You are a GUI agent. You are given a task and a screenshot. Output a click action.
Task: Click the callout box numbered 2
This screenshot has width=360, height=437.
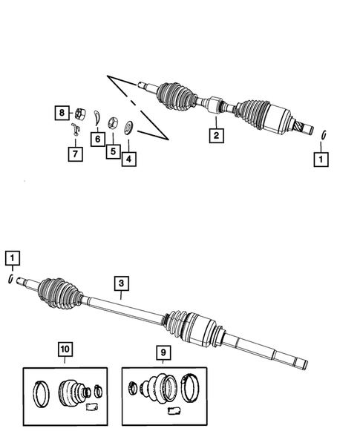(215, 135)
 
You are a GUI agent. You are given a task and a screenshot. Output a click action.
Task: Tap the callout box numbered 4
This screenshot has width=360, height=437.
(128, 158)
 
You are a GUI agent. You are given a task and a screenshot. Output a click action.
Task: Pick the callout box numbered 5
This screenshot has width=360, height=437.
(112, 151)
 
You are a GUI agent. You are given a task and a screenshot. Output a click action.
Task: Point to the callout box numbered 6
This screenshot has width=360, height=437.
(96, 138)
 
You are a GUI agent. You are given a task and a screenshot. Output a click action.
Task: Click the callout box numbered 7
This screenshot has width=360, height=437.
(75, 154)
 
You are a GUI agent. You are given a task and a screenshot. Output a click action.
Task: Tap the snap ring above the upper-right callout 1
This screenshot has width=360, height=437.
(325, 134)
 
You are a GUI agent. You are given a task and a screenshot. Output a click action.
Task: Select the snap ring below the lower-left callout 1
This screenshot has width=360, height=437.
(10, 279)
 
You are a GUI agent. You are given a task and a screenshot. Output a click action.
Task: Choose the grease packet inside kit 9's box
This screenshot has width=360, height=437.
(175, 410)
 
